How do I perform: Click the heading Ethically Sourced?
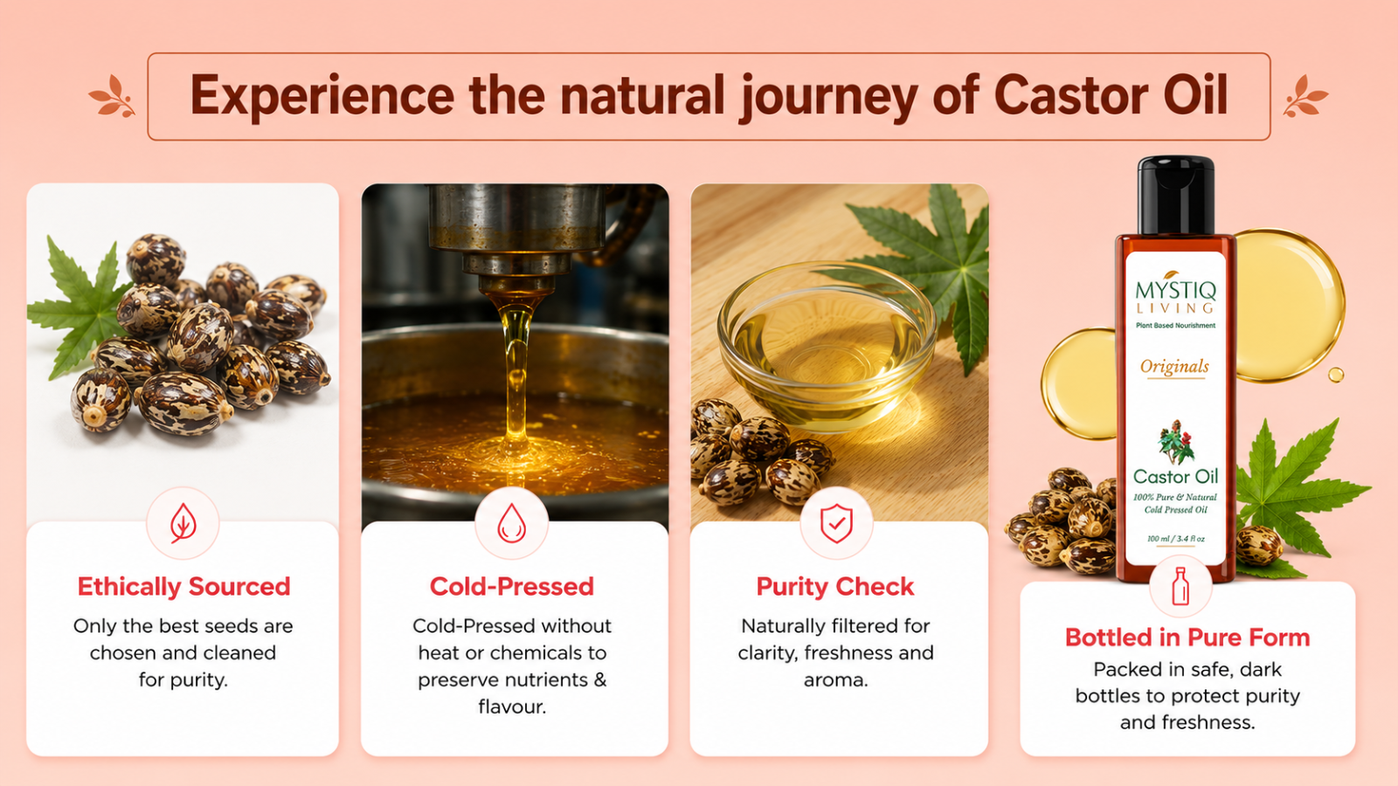[x=183, y=587]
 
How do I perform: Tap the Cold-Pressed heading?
[x=512, y=587]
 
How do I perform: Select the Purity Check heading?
[x=835, y=587]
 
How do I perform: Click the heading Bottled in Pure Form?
[x=1187, y=638]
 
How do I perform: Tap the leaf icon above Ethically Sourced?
[x=183, y=523]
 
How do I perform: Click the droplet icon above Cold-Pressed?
[x=512, y=523]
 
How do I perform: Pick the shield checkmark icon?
[x=836, y=523]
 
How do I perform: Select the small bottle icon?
[x=1180, y=586]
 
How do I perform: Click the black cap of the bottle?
[x=1176, y=195]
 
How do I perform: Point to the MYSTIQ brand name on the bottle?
[x=1176, y=290]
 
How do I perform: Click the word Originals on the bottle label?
[x=1174, y=367]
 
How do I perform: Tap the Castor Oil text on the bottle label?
[x=1176, y=477]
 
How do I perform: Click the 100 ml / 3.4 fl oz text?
[x=1176, y=538]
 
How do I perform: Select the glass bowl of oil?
[x=827, y=346]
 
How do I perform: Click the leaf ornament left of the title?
[x=113, y=96]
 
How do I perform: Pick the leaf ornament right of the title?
[x=1305, y=96]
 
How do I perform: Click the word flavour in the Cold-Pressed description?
[x=512, y=707]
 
